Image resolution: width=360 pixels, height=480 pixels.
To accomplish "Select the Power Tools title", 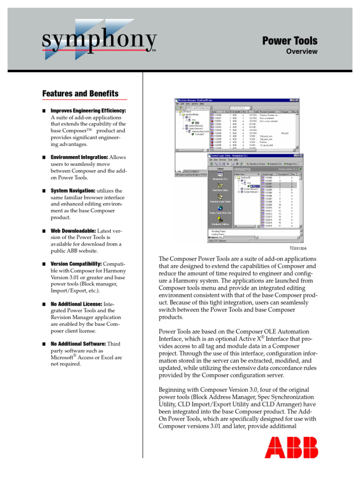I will (289, 41).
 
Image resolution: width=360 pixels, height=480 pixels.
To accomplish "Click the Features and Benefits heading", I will (80, 94).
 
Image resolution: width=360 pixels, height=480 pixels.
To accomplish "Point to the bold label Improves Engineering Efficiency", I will (88, 111).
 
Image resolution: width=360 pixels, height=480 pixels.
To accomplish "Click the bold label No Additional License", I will (75, 304).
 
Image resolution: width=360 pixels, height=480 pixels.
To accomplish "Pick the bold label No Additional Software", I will (78, 344).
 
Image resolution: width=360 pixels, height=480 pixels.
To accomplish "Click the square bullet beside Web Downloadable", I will (44, 231).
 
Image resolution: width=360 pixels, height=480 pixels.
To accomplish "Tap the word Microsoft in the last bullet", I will (63, 358).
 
